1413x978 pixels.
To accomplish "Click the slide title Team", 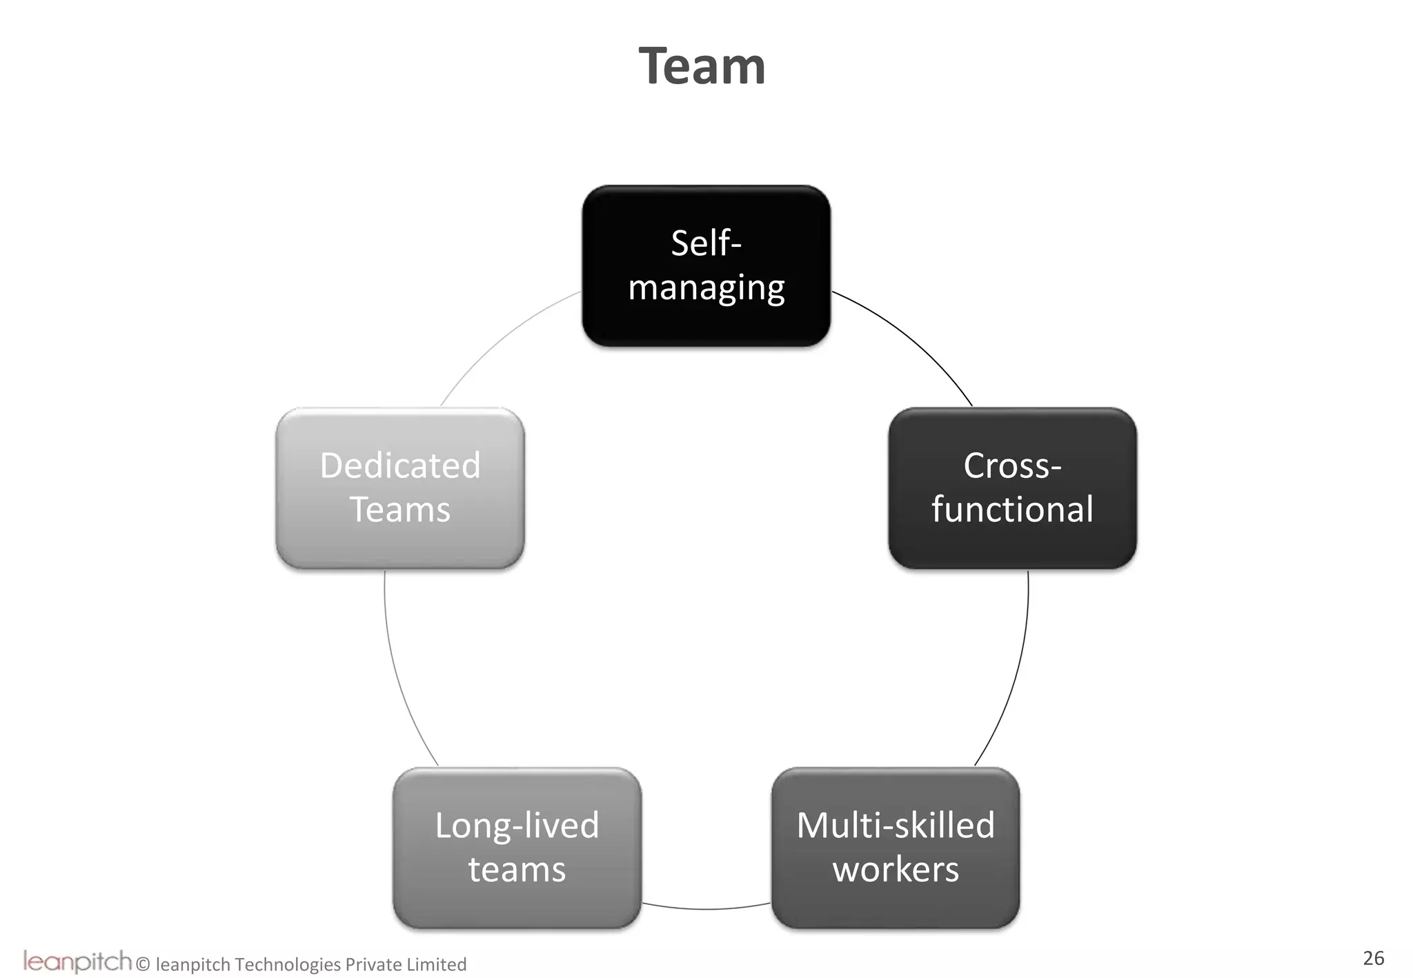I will coord(702,67).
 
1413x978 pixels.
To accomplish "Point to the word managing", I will coord(706,288).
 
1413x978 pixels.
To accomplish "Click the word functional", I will coord(1011,510).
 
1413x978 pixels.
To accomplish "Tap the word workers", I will coord(895,869).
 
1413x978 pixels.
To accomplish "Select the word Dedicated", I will coord(399,466).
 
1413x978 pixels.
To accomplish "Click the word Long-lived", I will coord(517,826).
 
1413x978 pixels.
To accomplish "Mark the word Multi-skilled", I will coord(895,826).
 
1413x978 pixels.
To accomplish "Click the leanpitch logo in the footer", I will coord(77,961).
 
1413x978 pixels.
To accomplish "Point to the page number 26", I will coord(1373,958).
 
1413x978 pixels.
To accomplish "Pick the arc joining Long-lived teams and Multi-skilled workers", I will coord(706,909).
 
